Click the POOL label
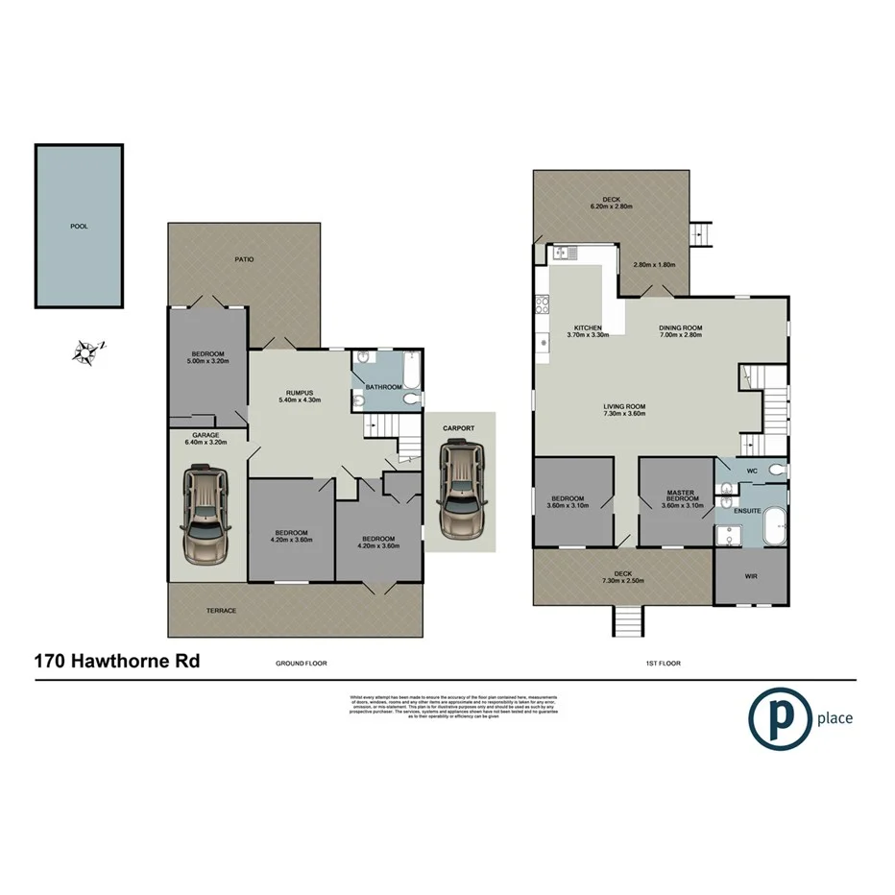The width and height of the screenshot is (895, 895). pos(79,227)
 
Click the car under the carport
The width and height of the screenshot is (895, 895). pos(461,490)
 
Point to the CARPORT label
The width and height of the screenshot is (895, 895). pos(460,427)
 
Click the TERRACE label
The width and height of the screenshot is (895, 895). pos(221,611)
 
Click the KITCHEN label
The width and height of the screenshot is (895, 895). pos(588,327)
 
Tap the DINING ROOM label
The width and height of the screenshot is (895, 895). pos(680,327)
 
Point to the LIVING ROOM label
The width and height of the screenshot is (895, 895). pos(624,406)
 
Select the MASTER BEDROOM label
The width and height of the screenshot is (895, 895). pos(682,496)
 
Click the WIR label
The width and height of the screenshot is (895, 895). pos(751,577)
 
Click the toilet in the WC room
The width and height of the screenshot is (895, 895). pos(776,471)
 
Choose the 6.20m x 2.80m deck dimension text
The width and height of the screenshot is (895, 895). pos(611,206)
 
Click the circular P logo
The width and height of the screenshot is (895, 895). pos(779,717)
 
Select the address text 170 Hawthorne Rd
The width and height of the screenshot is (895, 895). pos(117,661)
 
